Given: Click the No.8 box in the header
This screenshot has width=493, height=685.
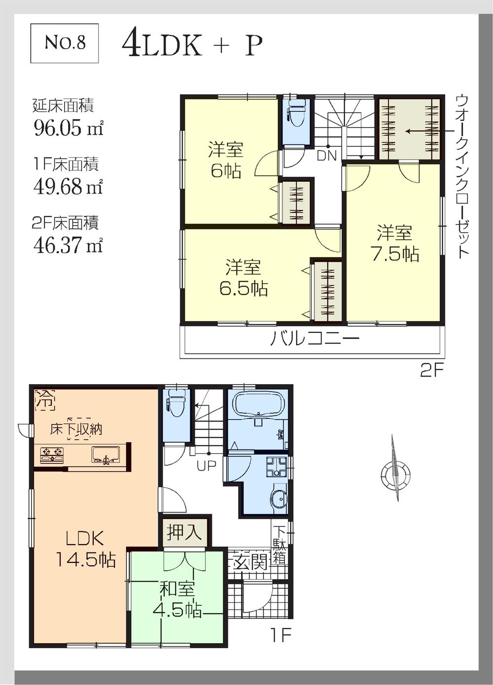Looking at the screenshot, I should pos(65,43).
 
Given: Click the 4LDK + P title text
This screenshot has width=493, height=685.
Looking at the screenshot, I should pos(192,45).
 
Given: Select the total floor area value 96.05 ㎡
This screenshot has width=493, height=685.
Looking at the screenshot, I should pos(68,128).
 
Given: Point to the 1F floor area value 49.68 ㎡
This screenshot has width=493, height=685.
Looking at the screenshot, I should pos(68,186).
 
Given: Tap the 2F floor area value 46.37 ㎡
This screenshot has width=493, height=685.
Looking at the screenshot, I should pos(68,244).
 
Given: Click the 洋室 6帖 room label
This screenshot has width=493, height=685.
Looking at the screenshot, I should pos(225,160).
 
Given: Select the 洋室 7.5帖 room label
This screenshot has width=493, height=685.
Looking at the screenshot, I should pos(394,243).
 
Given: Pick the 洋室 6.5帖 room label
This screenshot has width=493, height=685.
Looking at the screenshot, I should pos(244,278).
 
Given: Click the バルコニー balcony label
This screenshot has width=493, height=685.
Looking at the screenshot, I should pos(314,339).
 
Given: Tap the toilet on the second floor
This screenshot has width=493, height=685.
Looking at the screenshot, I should pos(297,115).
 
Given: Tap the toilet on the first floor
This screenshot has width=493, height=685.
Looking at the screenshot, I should pos(176,404).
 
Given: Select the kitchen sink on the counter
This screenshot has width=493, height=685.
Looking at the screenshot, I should pos(106,454).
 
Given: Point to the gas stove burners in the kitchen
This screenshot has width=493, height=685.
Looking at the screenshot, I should pos(52,454).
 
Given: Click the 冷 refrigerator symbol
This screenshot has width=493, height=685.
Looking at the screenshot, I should pos(45,399).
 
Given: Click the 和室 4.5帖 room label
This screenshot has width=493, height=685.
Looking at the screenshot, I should pos(177,600).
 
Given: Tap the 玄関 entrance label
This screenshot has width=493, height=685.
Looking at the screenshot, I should pos(250,561).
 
